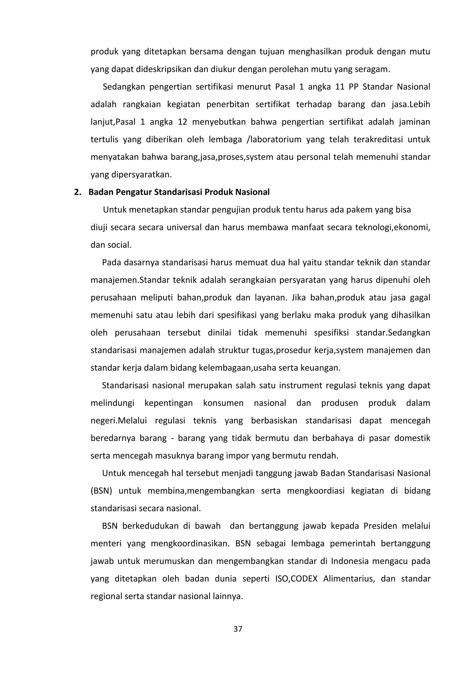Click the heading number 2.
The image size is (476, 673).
pos(77,192)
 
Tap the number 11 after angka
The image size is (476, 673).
pos(340,87)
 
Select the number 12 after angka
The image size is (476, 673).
pos(182,122)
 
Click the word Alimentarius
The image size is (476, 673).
pos(349,579)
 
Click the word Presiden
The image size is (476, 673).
pos(380,526)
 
